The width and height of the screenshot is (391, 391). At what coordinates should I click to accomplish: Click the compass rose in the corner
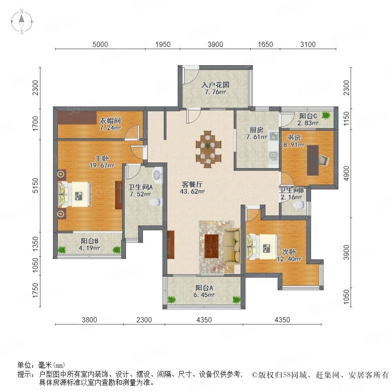22,21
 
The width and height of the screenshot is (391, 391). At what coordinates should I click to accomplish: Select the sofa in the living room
232,246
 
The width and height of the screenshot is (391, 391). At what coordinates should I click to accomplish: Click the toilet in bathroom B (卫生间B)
299,205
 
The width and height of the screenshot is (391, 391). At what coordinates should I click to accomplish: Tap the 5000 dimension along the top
100,44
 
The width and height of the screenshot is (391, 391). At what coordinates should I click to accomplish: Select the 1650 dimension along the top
265,44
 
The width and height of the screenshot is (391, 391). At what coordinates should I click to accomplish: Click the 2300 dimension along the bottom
144,320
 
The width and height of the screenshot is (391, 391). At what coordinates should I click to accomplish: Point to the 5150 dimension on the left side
36,185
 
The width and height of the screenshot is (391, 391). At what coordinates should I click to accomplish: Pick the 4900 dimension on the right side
346,173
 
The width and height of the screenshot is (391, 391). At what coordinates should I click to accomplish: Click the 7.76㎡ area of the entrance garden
215,92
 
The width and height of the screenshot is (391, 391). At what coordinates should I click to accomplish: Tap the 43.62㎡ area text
192,192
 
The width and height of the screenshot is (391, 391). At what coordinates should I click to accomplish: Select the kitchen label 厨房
256,130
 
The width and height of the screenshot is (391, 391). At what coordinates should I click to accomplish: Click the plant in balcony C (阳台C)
326,115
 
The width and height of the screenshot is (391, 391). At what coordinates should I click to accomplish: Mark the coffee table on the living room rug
212,246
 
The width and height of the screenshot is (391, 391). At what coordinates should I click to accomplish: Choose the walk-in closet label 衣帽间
110,121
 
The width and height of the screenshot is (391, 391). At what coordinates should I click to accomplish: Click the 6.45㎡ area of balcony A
204,295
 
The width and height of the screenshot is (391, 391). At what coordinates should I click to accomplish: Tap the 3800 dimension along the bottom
89,320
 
